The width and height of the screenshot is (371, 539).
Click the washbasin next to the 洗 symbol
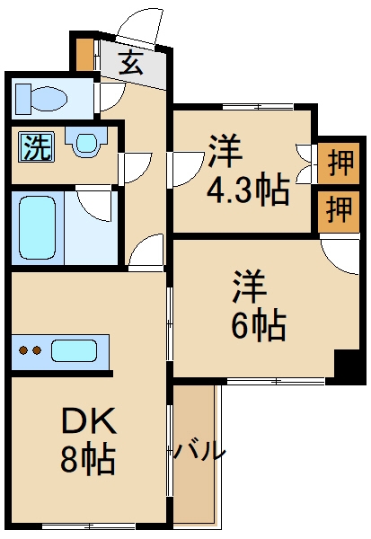click(86, 143)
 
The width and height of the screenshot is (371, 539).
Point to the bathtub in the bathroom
click(38, 228)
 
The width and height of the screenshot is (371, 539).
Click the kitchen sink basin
click(75, 351)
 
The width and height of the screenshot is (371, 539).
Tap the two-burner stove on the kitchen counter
click(31, 351)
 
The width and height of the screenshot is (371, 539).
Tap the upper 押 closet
click(338, 163)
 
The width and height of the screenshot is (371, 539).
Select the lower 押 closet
click(338, 210)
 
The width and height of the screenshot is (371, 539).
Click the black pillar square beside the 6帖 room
click(349, 367)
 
